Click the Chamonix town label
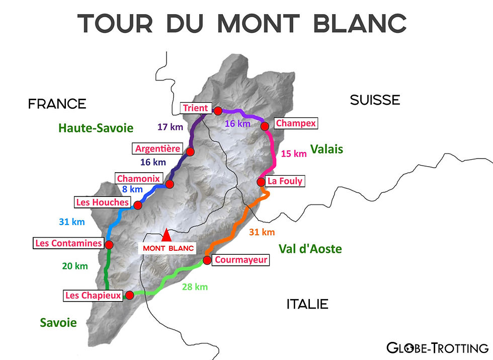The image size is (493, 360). [138, 179]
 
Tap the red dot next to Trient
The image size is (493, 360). [218, 111]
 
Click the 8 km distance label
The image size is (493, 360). [133, 189]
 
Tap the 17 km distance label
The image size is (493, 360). [170, 127]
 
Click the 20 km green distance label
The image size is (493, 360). [75, 266]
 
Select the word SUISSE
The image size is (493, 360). [375, 100]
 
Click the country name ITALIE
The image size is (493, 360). [307, 304]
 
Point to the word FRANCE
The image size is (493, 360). [57, 104]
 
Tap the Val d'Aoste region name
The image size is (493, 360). [310, 249]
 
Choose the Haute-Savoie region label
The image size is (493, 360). [96, 128]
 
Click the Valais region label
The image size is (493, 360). [326, 149]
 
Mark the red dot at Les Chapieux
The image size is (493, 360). [129, 296]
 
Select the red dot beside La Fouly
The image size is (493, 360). [261, 182]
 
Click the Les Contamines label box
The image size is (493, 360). [68, 244]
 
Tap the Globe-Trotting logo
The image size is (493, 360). [437, 347]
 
